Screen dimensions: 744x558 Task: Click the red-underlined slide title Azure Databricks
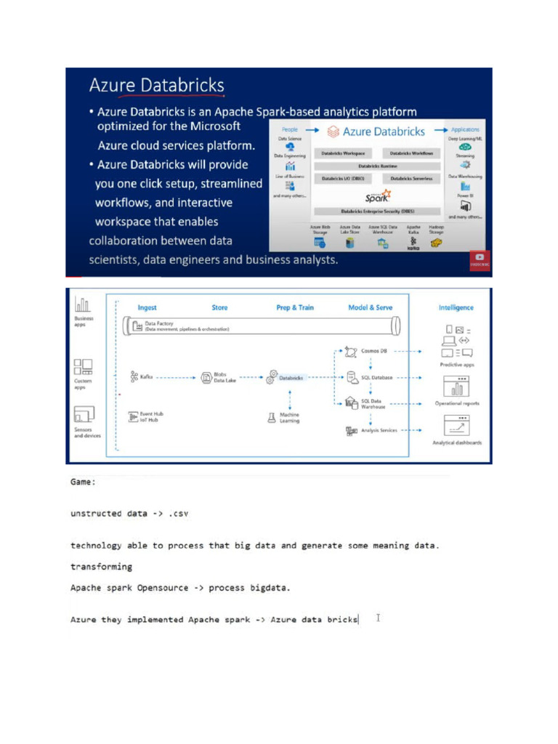(156, 86)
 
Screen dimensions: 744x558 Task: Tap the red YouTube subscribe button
(480, 259)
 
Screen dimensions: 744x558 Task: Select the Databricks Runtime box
(377, 166)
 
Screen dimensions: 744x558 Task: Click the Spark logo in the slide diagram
(378, 195)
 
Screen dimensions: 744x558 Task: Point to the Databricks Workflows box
(411, 153)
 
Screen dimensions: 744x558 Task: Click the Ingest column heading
(147, 307)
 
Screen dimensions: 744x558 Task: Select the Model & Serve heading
(371, 307)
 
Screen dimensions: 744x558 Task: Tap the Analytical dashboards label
(456, 442)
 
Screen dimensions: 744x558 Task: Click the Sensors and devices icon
(84, 415)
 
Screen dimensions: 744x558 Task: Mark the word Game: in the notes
(83, 482)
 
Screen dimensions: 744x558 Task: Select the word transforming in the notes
(101, 566)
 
